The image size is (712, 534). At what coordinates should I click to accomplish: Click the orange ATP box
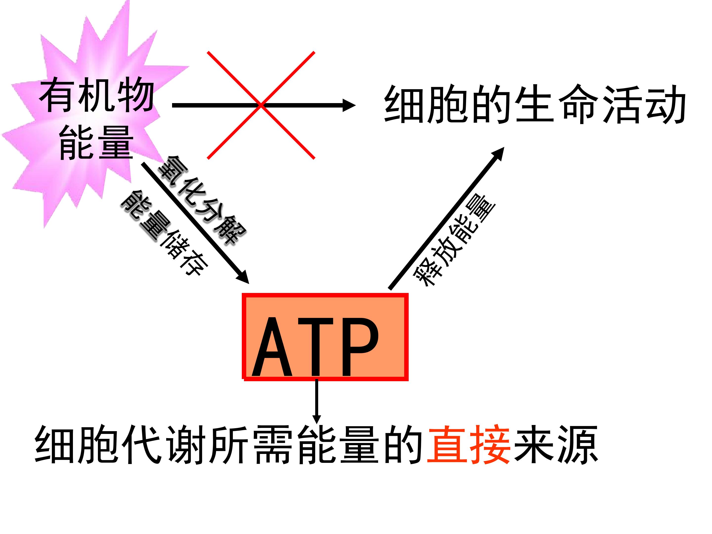click(325, 337)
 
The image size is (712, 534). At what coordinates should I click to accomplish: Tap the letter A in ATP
click(272, 347)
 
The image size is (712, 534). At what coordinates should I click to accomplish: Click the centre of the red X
click(261, 105)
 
